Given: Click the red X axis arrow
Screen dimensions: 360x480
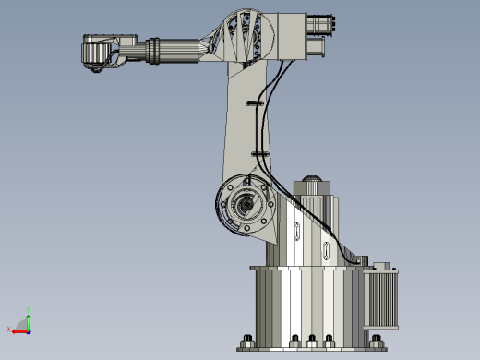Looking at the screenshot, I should tap(18, 329).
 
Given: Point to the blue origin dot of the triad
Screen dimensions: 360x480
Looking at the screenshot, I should tap(29, 329).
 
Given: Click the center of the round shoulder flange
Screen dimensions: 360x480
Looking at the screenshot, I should tap(246, 205).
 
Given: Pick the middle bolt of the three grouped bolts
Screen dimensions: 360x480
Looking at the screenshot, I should tap(312, 340).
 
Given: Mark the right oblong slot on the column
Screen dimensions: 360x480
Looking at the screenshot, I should tap(326, 252).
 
